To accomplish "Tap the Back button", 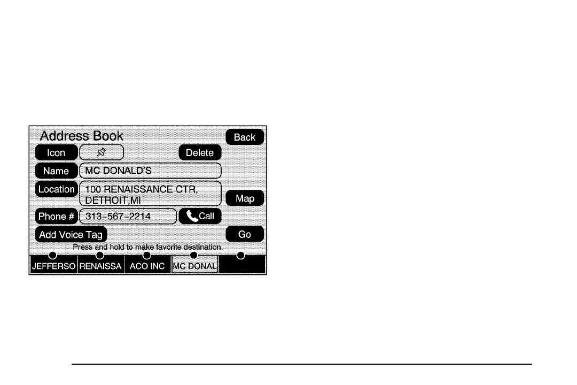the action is pos(245,137).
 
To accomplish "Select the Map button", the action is pos(245,198).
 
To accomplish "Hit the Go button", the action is pos(245,234).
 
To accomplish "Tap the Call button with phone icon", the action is pos(200,216).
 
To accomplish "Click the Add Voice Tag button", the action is pos(71,235).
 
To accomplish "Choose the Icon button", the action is pos(56,152).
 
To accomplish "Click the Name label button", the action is pos(56,171).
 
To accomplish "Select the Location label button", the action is pos(56,189).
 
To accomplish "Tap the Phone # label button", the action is pos(56,216).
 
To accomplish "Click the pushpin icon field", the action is pos(102,152).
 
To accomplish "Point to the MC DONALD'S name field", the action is pos(150,171).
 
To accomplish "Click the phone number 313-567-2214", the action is pos(128,216).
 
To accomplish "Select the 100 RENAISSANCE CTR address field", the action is pos(150,194).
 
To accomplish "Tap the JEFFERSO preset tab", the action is pos(53,266).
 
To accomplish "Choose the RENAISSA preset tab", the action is pos(100,266).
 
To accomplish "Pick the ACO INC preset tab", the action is pos(147,266).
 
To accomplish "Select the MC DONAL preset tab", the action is pos(194,266).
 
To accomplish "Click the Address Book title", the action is pos(82,136).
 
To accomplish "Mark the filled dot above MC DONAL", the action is pos(194,255).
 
